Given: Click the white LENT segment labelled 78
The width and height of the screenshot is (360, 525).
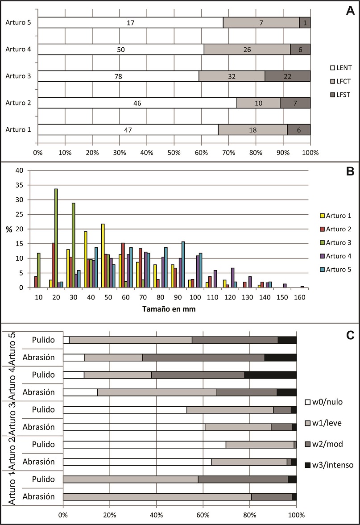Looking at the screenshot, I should [118, 76].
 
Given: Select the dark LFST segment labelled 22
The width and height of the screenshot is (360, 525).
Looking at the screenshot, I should [287, 76].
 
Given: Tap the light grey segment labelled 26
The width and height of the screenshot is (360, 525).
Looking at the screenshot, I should [247, 49].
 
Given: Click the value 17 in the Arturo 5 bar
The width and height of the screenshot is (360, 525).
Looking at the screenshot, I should [130, 22].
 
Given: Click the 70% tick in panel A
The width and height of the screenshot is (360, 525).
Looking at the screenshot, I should [229, 152].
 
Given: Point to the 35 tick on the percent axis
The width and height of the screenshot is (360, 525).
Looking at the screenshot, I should [19, 185].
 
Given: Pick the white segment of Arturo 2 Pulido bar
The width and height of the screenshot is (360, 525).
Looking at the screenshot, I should [145, 444].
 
